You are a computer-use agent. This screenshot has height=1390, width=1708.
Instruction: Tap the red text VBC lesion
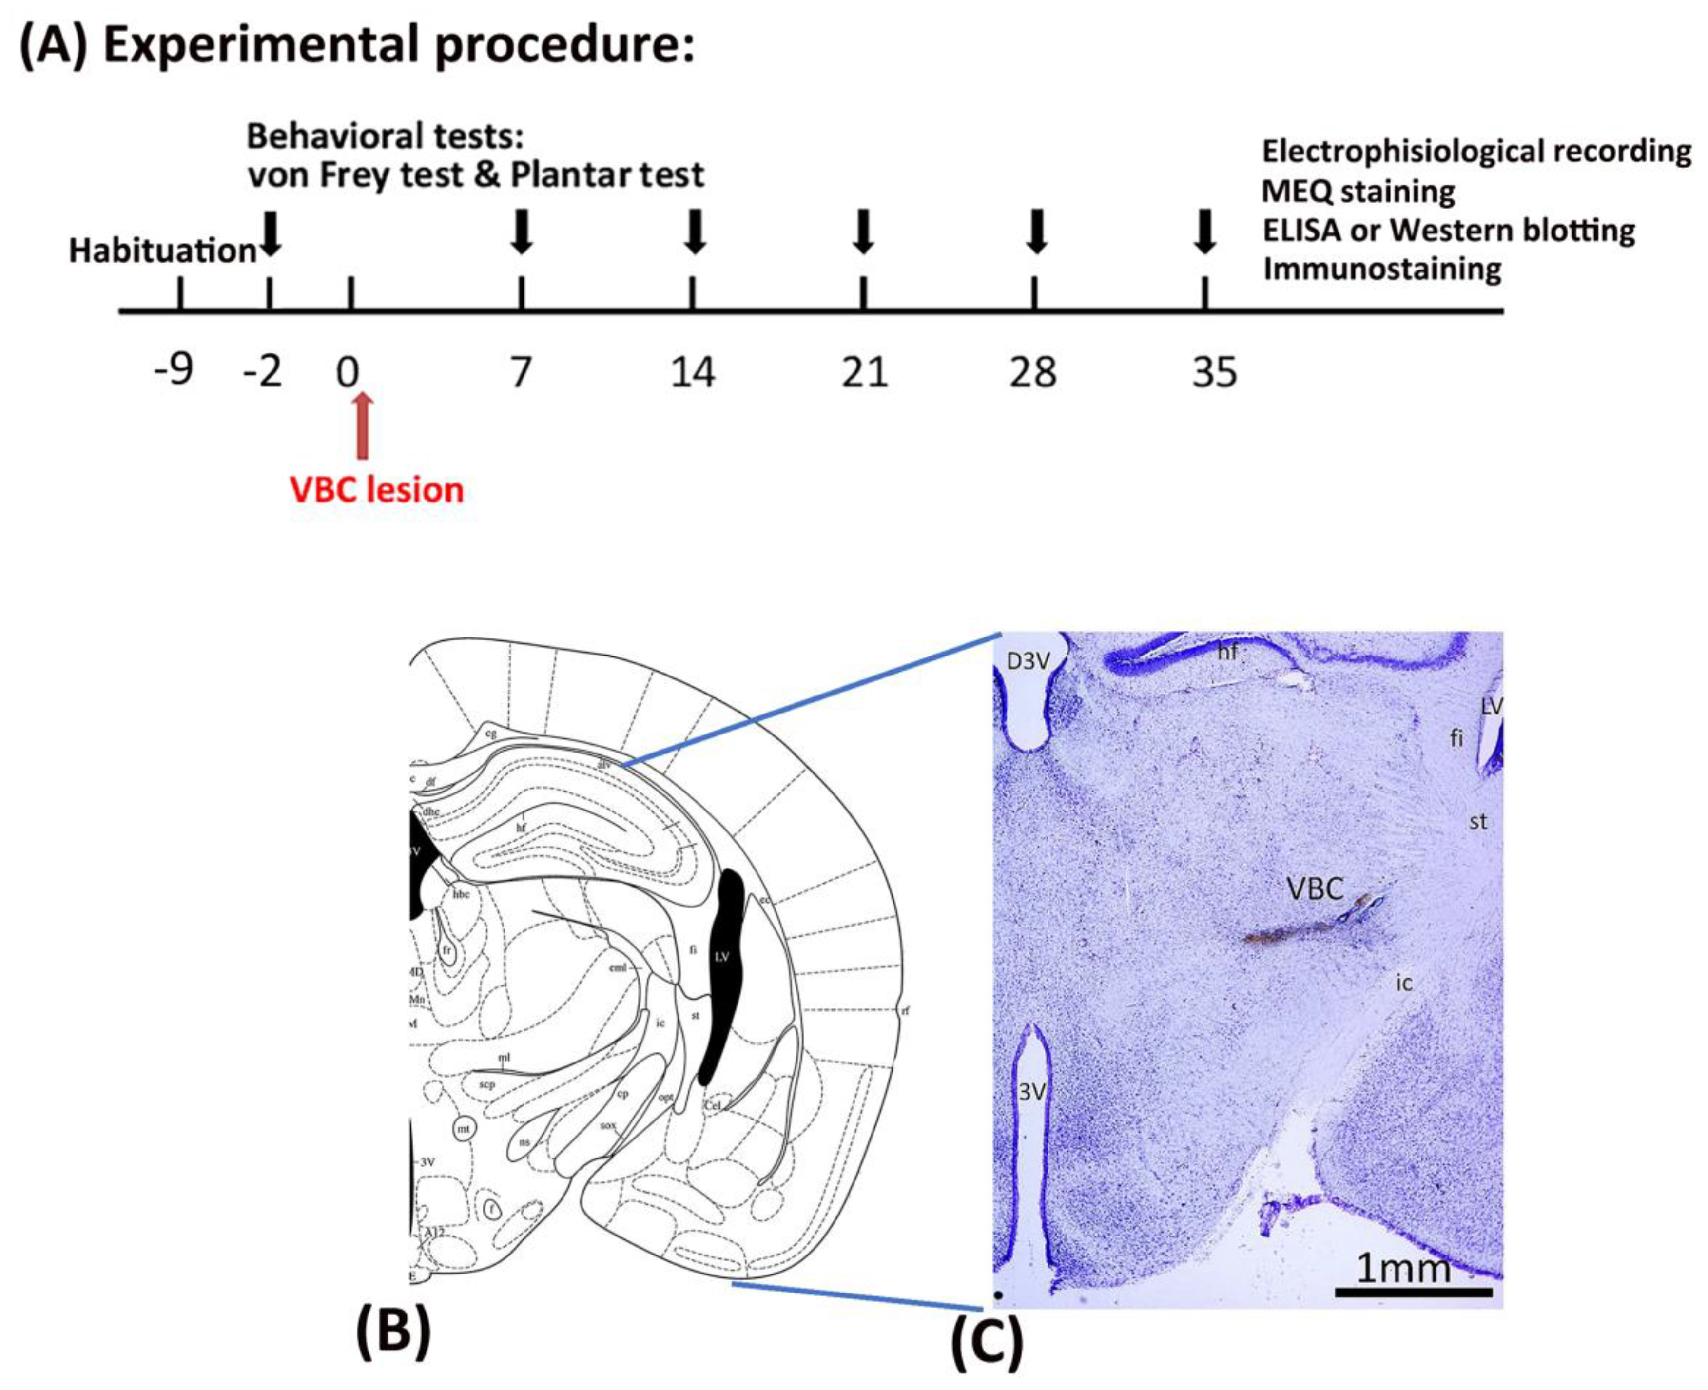pyautogui.click(x=376, y=490)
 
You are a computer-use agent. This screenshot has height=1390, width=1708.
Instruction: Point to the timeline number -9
pyautogui.click(x=174, y=370)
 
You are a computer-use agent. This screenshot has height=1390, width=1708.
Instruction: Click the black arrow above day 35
pyautogui.click(x=1204, y=232)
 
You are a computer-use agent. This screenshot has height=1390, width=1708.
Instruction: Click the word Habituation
pyautogui.click(x=162, y=251)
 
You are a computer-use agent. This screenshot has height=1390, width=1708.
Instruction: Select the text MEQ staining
pyautogui.click(x=1358, y=192)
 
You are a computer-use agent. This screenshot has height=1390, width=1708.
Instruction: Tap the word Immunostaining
pyautogui.click(x=1382, y=269)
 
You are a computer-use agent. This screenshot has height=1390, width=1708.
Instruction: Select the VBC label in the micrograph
pyautogui.click(x=1314, y=889)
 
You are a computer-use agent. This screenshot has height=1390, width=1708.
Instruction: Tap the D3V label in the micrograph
pyautogui.click(x=1028, y=661)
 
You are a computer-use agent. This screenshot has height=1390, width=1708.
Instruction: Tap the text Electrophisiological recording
pyautogui.click(x=1476, y=151)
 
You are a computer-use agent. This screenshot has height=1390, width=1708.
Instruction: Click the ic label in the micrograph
pyautogui.click(x=1404, y=983)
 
